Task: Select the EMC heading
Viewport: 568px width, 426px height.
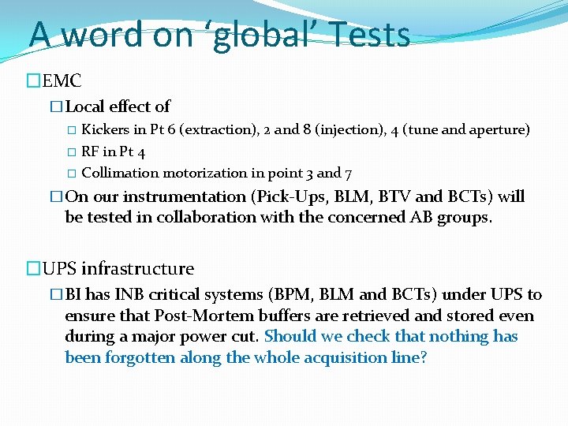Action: [62, 80]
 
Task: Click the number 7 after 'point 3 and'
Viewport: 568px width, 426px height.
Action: [348, 173]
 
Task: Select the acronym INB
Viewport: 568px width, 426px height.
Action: [130, 294]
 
